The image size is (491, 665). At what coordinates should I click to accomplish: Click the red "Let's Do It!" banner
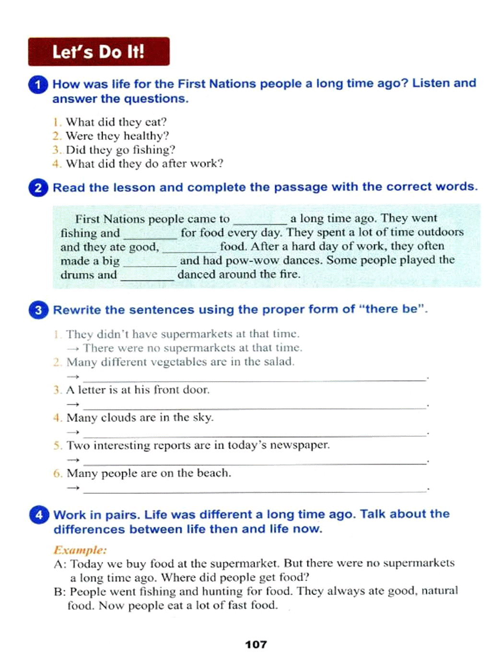point(98,51)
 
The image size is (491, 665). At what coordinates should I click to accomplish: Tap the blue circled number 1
point(38,85)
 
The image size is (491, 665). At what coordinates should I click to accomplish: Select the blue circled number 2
point(38,187)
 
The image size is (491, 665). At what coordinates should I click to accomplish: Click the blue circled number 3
point(38,310)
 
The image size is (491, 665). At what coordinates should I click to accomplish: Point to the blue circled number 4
point(39,515)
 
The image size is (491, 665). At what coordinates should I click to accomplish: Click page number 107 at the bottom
point(256,644)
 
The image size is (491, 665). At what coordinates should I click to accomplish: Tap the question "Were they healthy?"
point(117,136)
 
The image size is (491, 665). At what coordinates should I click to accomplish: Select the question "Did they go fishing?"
point(120,150)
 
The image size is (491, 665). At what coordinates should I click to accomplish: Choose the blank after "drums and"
point(147,277)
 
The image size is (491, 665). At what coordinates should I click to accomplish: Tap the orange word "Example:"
point(80,549)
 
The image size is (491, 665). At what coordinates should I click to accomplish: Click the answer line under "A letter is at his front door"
point(254,406)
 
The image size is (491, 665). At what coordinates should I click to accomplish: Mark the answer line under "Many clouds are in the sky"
point(254,434)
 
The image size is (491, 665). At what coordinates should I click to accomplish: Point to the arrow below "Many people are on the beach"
point(73,488)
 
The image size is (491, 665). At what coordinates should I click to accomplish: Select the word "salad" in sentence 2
point(279,362)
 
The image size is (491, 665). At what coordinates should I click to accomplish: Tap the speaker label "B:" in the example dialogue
point(59,591)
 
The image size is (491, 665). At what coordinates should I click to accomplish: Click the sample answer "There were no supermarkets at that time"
point(192,348)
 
